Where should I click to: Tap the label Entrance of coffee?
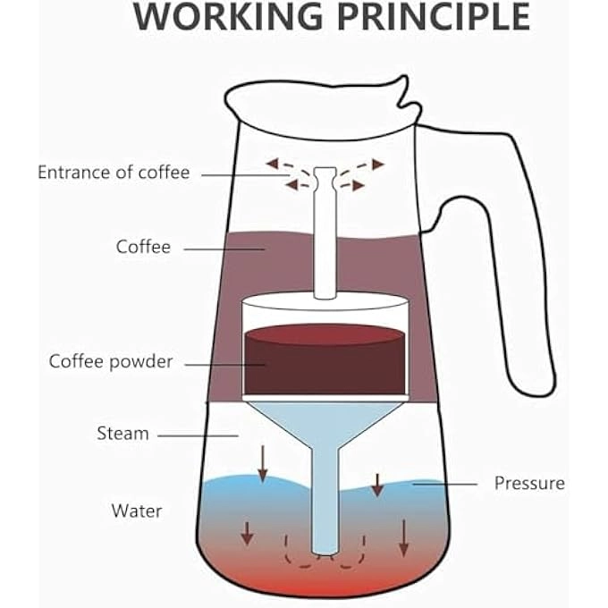point(114,173)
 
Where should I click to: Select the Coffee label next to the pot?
point(143,246)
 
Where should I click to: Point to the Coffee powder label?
point(111,362)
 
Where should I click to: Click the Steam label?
point(122,434)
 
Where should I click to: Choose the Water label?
point(137,511)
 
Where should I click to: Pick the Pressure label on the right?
point(529,483)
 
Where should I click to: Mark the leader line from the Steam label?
point(198,435)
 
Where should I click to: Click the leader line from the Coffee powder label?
point(224,363)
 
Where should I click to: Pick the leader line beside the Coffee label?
point(224,248)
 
